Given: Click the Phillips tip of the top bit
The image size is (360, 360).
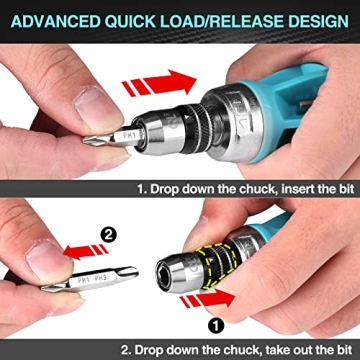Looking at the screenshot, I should click(95, 139).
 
